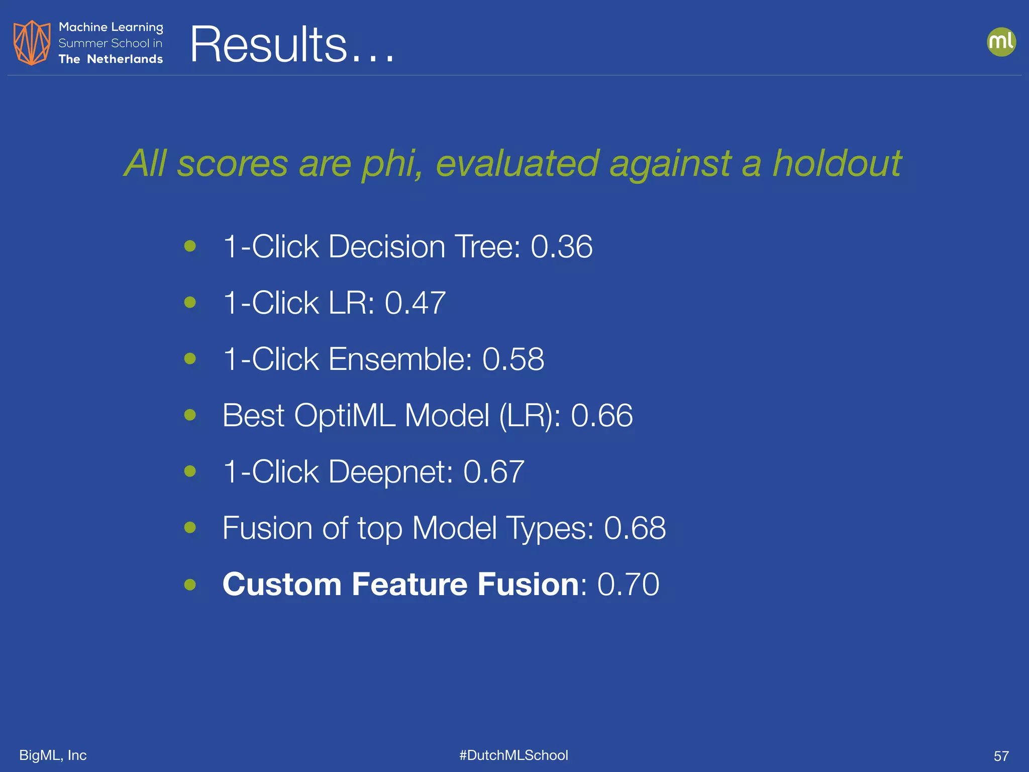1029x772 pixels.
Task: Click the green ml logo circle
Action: coord(1001,42)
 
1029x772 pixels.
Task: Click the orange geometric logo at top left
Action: coord(32,43)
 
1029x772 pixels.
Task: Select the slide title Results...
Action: coord(291,45)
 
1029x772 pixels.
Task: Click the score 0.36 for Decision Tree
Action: coord(561,247)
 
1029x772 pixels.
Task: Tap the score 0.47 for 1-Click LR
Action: coord(415,303)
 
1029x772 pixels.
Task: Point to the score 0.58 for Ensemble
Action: coord(513,359)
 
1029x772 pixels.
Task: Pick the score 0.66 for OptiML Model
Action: coord(601,416)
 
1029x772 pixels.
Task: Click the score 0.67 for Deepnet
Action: coord(493,472)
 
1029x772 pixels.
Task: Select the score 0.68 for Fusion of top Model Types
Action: coord(635,528)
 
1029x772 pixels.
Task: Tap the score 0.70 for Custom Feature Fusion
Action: coord(628,585)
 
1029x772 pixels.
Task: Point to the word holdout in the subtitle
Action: coord(837,164)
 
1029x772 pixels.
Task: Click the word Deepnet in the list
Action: coord(390,472)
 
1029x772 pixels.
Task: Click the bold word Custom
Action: coord(282,585)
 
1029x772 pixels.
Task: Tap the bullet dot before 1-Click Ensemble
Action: coord(190,359)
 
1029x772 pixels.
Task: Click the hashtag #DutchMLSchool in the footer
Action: coord(513,755)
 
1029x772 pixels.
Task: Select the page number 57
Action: coord(1001,756)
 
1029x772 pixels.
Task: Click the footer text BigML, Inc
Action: coord(53,755)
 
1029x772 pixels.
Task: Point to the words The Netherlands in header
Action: coord(111,59)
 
